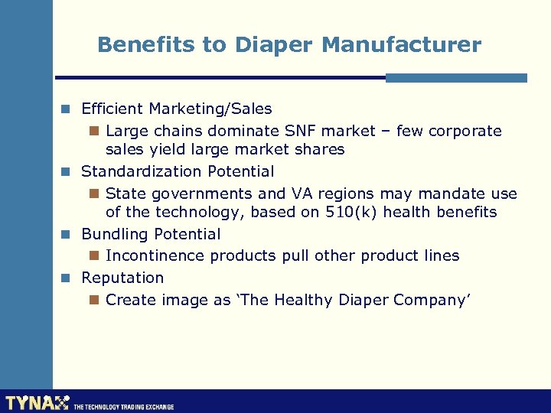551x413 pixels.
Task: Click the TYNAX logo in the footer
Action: point(36,402)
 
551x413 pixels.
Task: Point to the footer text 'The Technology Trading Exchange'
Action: point(123,407)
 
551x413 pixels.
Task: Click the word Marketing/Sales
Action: point(210,109)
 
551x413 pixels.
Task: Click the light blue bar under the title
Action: point(456,78)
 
